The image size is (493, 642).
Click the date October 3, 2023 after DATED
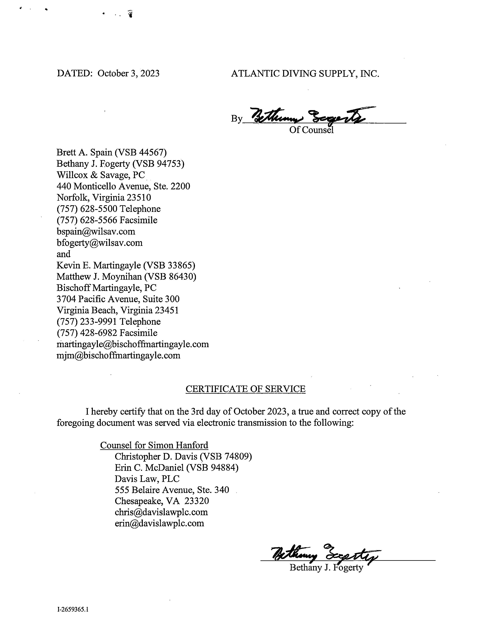128,73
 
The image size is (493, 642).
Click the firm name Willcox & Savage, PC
101,175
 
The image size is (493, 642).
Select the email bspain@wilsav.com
96,232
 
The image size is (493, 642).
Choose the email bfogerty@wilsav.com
99,243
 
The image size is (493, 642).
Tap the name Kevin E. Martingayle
99,265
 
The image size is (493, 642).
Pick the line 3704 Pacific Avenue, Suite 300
118,299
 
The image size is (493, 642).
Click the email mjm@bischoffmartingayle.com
118,356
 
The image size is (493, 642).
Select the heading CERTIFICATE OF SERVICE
245,389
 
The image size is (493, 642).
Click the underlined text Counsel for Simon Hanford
154,445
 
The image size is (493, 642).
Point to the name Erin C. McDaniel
149,468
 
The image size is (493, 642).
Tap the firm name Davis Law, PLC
147,479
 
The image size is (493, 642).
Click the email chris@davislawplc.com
161,512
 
